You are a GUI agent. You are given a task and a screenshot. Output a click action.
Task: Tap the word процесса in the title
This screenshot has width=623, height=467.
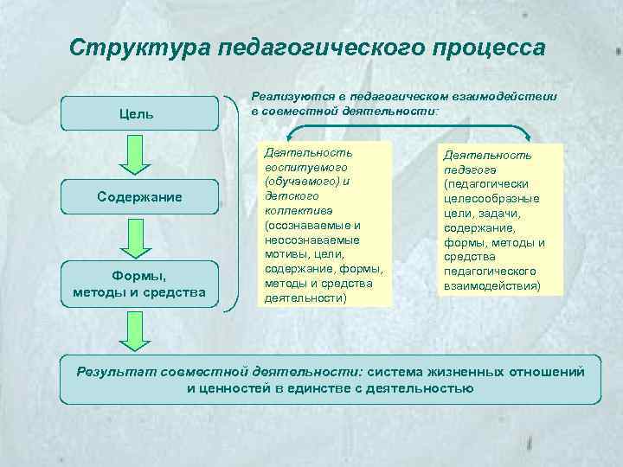pyautogui.click(x=485, y=47)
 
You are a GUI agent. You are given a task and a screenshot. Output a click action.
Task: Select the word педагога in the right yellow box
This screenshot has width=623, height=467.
pyautogui.click(x=466, y=170)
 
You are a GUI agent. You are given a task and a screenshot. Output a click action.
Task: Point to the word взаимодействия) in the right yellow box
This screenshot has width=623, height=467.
pyautogui.click(x=491, y=285)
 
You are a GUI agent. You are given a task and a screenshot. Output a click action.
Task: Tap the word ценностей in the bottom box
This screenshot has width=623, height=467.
pyautogui.click(x=234, y=388)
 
